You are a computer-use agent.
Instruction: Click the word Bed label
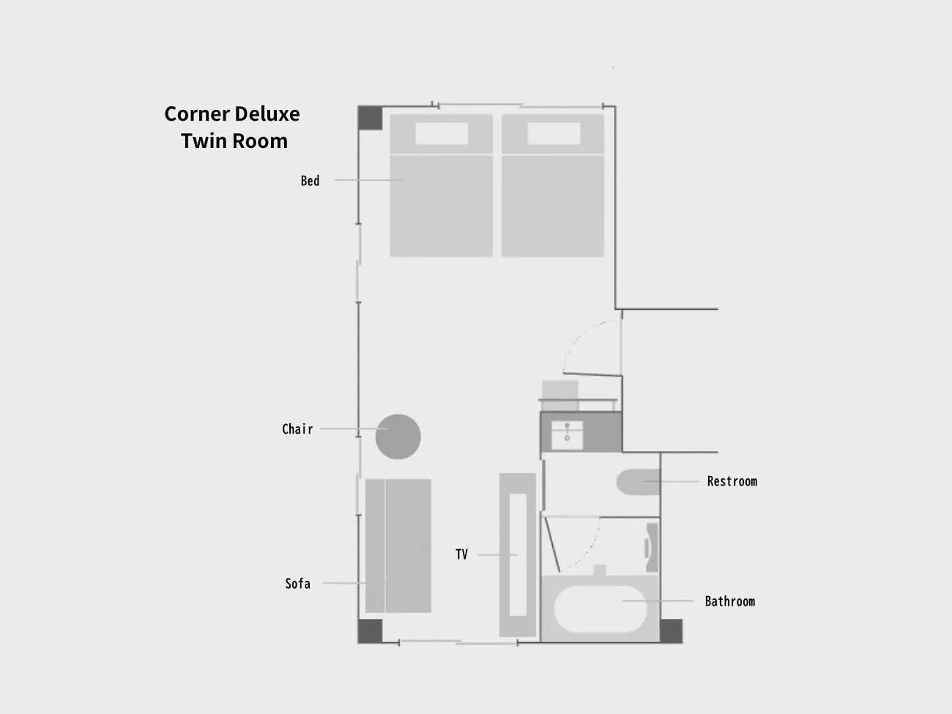(x=310, y=180)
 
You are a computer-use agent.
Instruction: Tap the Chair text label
(x=297, y=428)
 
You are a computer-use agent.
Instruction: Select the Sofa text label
(x=297, y=584)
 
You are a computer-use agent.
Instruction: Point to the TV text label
(x=461, y=554)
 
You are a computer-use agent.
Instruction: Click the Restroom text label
(x=732, y=481)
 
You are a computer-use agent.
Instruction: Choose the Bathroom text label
(x=730, y=601)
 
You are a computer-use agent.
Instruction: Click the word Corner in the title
(x=197, y=114)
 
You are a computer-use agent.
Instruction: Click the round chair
(x=398, y=436)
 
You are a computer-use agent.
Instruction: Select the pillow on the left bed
(x=442, y=133)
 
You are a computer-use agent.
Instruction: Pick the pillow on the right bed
(x=554, y=133)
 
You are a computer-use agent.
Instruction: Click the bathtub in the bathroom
(x=600, y=609)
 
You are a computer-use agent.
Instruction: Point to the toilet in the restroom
(x=639, y=482)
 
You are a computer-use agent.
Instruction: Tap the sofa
(x=398, y=546)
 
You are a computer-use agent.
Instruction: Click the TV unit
(x=518, y=555)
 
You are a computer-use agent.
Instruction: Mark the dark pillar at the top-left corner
(x=370, y=118)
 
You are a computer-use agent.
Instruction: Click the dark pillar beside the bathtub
(x=671, y=631)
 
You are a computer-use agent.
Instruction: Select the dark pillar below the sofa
(x=370, y=631)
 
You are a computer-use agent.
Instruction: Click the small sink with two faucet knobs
(x=567, y=435)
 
